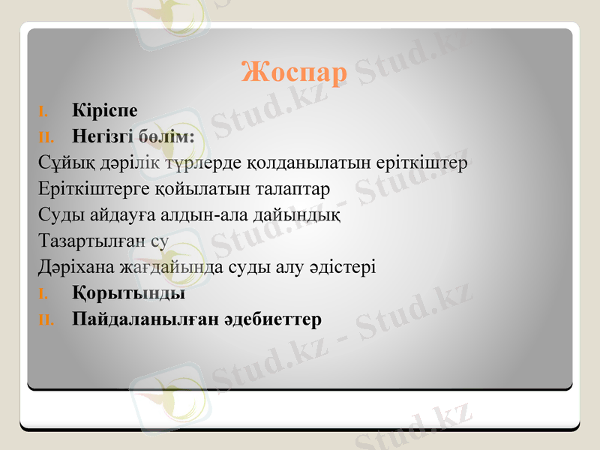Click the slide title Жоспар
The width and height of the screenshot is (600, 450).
point(294,73)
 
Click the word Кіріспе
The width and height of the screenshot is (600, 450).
point(105,110)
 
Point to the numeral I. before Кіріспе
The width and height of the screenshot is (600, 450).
point(43,112)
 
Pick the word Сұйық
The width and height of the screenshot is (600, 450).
point(58,163)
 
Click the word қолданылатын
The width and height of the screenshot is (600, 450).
point(289,163)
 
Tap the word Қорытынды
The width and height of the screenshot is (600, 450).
point(129,293)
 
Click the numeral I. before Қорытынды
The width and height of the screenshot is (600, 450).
point(43,294)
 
